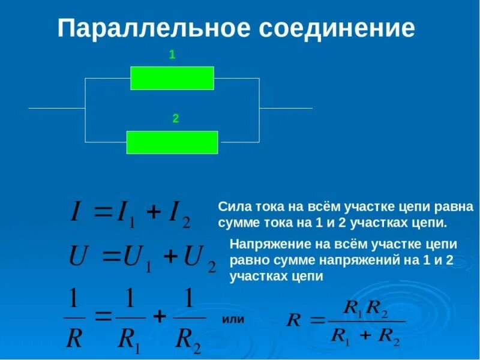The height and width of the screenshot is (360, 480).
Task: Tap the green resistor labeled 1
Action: pos(172,78)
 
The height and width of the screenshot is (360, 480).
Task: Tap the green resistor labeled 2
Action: pos(172,142)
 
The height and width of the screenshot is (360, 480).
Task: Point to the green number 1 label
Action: pos(172,55)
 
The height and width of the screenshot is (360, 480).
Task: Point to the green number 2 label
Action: pos(176,119)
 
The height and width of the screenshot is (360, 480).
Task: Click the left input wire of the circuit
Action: pos(56,109)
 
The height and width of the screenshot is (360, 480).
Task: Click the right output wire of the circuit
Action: pos(286,109)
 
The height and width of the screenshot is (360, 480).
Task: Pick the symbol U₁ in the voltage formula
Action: pos(134,258)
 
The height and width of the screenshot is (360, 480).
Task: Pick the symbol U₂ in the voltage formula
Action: pos(199,258)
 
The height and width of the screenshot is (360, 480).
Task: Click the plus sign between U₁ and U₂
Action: pos(171,257)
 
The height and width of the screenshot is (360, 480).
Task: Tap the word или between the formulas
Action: pos(233,319)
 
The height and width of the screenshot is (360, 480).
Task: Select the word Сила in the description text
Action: pos(232,207)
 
